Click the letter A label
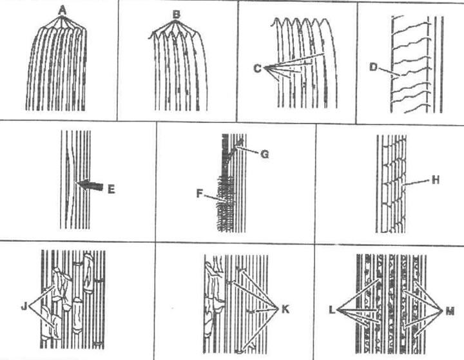62,11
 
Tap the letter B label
177,14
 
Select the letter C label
258,69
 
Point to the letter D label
373,67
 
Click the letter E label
111,189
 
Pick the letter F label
200,194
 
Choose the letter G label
265,154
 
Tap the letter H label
435,180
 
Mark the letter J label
24,307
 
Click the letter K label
285,309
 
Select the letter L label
332,310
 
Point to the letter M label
450,311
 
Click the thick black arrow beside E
90,185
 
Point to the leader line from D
389,73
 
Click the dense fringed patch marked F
226,204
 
